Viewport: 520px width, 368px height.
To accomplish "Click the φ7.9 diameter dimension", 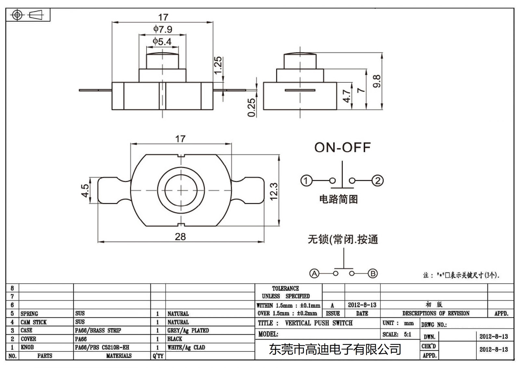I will tap(163, 29).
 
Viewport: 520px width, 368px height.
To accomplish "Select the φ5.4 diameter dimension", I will tap(162, 42).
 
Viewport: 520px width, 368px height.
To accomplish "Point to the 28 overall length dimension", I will tap(180, 237).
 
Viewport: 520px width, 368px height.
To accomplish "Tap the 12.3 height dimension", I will tap(274, 191).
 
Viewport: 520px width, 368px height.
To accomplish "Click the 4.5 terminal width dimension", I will tap(85, 190).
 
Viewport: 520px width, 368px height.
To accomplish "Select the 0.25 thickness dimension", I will tap(252, 107).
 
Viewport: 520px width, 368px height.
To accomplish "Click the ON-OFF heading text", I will tap(342, 147).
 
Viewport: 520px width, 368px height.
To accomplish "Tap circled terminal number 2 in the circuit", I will tap(377, 181).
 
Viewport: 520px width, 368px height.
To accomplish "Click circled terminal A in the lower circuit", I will tap(314, 273).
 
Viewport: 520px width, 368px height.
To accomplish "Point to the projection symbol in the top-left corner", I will tap(28, 15).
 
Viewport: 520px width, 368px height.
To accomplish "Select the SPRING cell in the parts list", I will tap(29, 314).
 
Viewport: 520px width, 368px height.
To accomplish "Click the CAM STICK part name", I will tap(33, 322).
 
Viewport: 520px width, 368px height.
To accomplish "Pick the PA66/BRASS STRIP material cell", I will tap(98, 330).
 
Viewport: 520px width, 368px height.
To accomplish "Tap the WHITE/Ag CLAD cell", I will tap(186, 347).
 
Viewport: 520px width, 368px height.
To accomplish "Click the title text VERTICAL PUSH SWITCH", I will tap(318, 323).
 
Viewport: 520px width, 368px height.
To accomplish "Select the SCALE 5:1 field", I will tap(397, 334).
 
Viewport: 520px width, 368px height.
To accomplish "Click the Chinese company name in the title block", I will tap(335, 350).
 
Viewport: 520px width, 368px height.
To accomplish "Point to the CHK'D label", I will tap(429, 346).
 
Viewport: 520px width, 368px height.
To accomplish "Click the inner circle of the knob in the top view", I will tap(181, 190).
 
